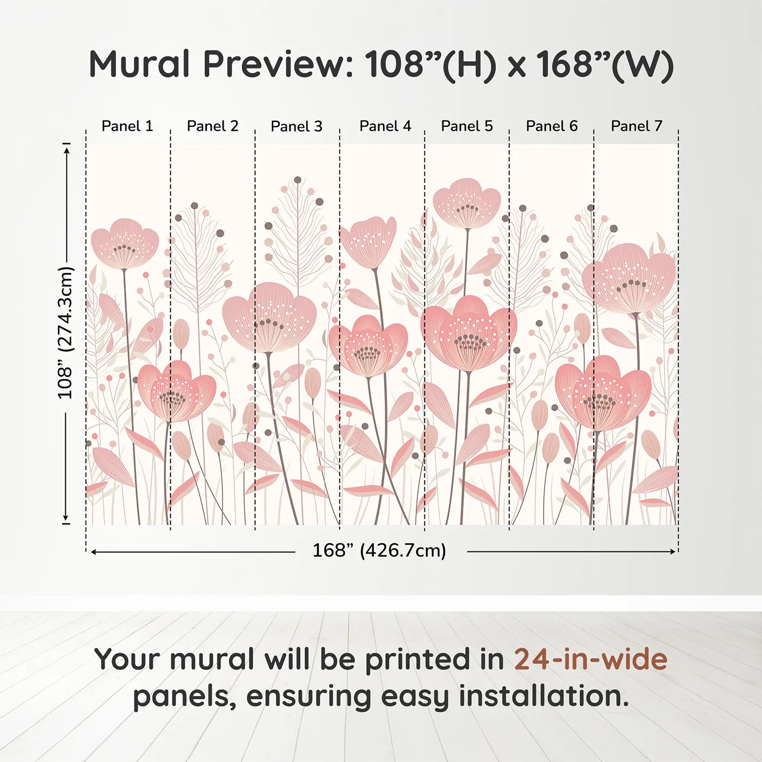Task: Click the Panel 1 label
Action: click(127, 126)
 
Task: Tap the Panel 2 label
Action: click(212, 126)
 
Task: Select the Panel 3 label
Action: click(297, 126)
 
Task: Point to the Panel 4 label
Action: click(385, 126)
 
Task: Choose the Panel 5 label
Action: click(466, 126)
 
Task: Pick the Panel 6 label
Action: click(551, 126)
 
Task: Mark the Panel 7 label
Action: click(636, 126)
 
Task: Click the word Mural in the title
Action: click(139, 64)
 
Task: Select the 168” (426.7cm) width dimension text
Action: click(379, 551)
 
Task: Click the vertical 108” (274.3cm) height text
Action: click(65, 333)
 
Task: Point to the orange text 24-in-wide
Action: click(591, 659)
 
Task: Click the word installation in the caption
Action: click(543, 696)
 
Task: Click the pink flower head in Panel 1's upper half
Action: click(125, 243)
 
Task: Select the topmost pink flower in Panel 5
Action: click(467, 202)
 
